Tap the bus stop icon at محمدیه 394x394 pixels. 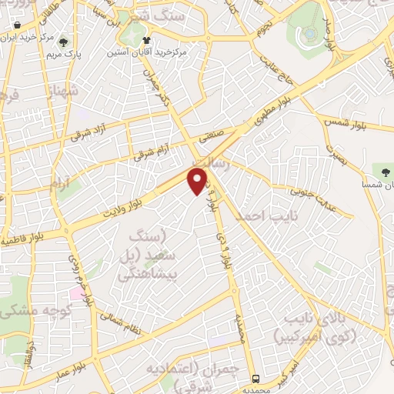point(256,379)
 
